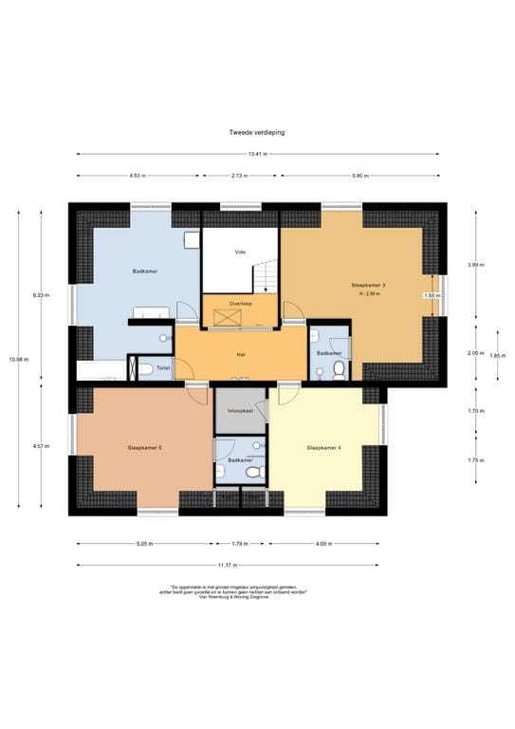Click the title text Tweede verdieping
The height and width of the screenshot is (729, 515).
click(256, 133)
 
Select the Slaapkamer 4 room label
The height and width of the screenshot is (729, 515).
click(323, 447)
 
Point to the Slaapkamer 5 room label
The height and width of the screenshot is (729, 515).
click(145, 447)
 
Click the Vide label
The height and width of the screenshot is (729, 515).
click(240, 252)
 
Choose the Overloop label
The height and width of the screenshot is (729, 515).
click(240, 303)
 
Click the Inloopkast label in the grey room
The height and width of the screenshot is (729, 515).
click(240, 412)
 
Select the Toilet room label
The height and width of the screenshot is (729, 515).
click(163, 368)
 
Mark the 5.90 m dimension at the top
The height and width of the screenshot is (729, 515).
click(360, 177)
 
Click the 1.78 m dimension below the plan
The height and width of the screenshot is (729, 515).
click(240, 544)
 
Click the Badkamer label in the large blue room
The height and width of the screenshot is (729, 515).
click(144, 272)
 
